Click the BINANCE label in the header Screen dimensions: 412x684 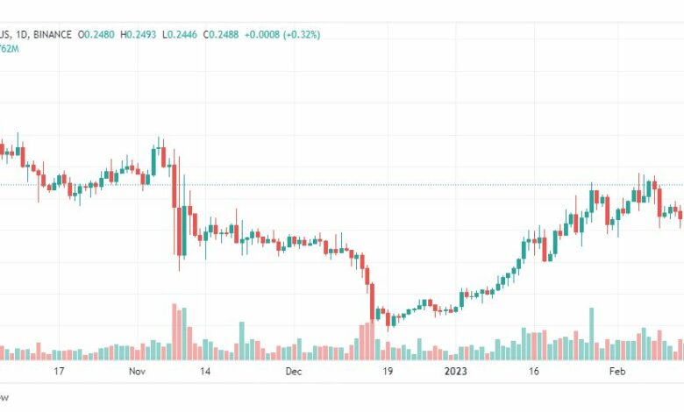coord(52,35)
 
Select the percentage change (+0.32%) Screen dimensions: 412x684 coord(300,35)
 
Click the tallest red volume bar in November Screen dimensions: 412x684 coord(175,332)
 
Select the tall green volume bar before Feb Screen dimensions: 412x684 coord(592,334)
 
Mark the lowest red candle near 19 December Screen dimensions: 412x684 coord(388,316)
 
